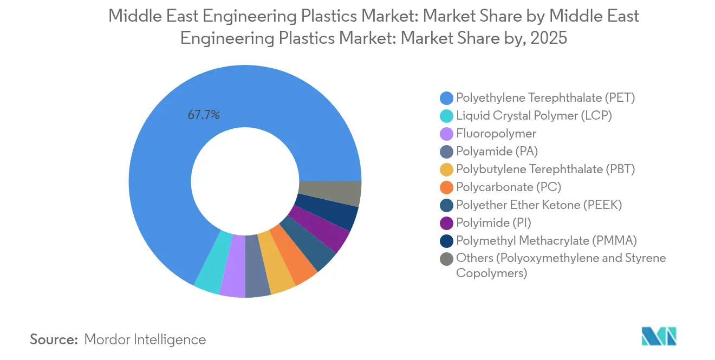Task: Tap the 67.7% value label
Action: [204, 115]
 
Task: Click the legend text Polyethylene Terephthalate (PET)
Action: [545, 98]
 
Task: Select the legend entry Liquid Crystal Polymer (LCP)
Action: [534, 115]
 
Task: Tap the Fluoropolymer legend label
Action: [496, 133]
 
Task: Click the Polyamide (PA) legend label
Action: [497, 151]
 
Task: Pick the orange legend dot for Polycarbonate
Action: [446, 187]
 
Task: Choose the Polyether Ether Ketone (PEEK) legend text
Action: [539, 205]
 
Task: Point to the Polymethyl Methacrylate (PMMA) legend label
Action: [547, 240]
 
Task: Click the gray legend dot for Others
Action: [446, 259]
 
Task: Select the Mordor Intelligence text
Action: [145, 339]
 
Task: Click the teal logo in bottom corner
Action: [659, 336]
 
